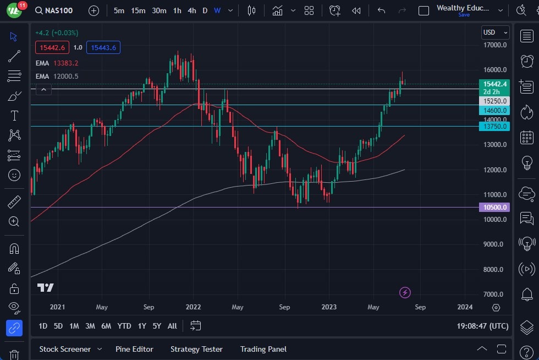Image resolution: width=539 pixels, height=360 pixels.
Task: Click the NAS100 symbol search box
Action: click(x=53, y=10)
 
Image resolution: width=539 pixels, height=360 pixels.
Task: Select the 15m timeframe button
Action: click(x=138, y=10)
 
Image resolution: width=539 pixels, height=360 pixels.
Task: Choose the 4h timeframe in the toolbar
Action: click(x=191, y=10)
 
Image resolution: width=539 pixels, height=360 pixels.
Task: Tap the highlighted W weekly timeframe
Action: click(x=217, y=10)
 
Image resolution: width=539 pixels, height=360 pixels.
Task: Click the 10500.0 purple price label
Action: click(x=495, y=208)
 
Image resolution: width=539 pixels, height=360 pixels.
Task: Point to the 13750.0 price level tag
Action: click(x=495, y=127)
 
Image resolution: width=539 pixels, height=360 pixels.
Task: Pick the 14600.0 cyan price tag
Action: click(x=495, y=110)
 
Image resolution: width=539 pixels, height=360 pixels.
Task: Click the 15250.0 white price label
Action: click(x=495, y=101)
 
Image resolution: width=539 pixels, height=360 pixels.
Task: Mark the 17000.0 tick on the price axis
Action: click(x=495, y=45)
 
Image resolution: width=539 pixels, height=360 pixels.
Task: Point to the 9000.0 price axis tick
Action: click(x=495, y=244)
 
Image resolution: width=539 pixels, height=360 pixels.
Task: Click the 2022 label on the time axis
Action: click(x=193, y=307)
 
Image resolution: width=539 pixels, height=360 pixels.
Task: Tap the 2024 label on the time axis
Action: click(x=465, y=307)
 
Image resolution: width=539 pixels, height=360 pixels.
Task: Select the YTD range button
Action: click(x=124, y=326)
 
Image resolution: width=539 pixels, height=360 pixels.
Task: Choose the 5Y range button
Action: click(x=157, y=326)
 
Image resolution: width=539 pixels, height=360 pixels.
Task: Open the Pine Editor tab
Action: click(x=134, y=349)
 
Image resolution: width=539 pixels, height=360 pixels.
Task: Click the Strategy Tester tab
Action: click(x=196, y=349)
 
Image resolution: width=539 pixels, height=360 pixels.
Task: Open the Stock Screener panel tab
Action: click(x=65, y=349)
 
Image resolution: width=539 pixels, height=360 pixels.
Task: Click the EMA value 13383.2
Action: click(x=66, y=63)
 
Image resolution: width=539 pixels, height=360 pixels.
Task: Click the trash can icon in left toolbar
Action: click(x=14, y=354)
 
